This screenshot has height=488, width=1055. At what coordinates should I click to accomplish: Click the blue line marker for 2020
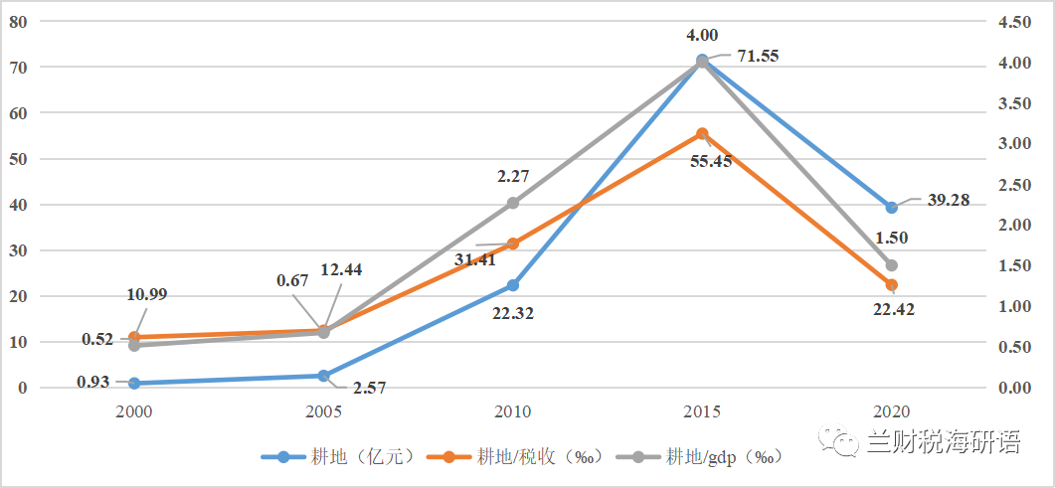coord(891,208)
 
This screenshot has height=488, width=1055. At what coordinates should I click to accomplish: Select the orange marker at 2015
coord(702,133)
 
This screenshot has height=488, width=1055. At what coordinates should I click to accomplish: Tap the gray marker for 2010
coord(513,203)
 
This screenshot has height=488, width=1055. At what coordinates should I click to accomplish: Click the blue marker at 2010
coord(513,285)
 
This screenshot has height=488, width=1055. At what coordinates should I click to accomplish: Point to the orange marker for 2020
coord(891,285)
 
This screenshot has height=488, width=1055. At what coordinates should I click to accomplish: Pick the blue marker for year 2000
coord(134,383)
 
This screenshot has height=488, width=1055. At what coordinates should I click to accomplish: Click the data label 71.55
coord(758,56)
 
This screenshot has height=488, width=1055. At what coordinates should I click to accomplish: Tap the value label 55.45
coord(711,160)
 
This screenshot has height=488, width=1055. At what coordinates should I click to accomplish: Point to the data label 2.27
coord(513,177)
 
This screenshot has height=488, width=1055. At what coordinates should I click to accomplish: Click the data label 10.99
coord(148,295)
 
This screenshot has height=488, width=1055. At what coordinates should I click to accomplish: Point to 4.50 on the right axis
coord(1026,21)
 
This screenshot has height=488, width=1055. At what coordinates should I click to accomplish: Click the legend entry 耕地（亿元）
coord(338,456)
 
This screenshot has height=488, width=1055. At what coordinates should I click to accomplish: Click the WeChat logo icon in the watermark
coord(835,443)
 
